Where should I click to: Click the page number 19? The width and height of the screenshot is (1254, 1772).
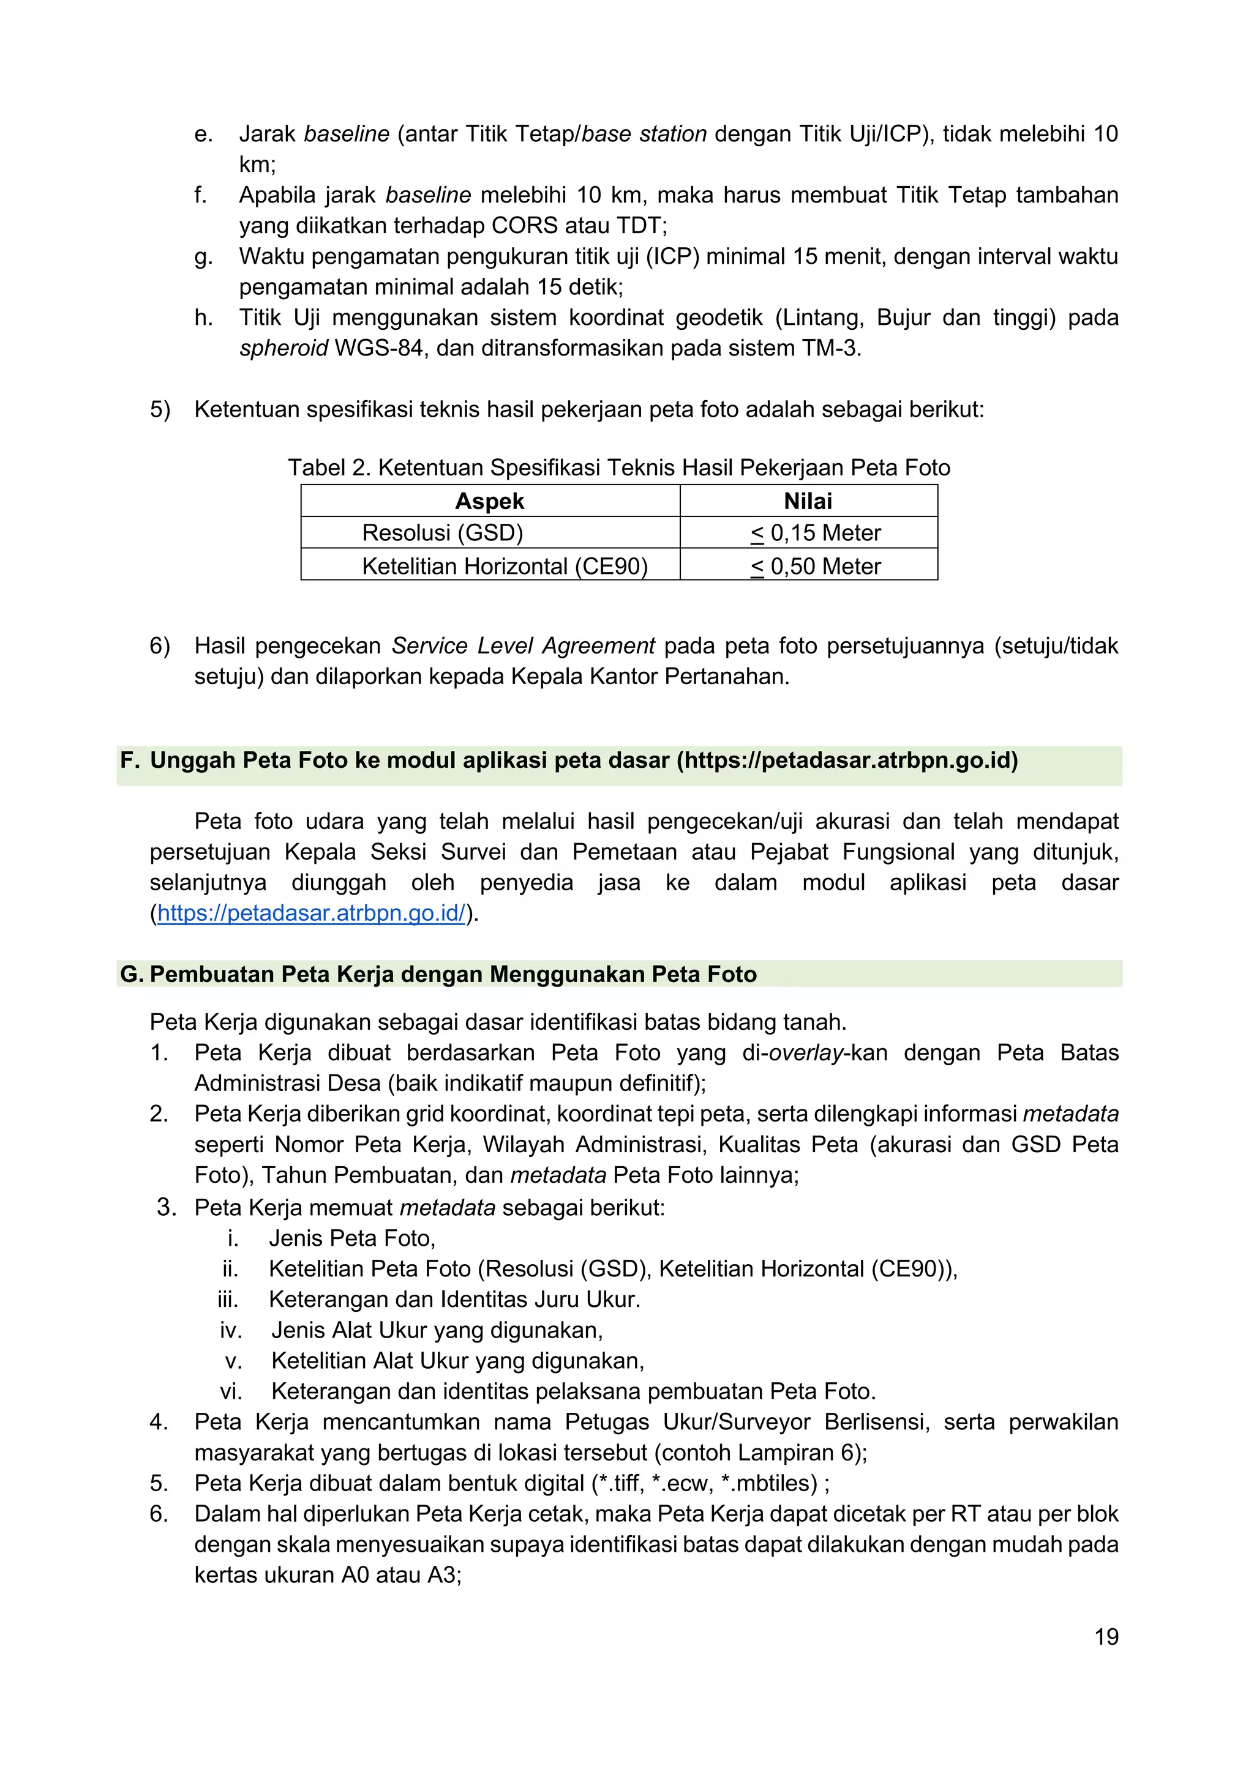pos(1106,1636)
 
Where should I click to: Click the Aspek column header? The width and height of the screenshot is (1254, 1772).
pos(490,501)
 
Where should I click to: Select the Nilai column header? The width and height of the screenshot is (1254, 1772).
pos(808,501)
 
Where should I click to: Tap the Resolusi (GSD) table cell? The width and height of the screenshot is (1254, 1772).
pos(443,532)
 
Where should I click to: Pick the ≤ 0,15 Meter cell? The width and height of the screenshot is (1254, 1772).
pos(816,532)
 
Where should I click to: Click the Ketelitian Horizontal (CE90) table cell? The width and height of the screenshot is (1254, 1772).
pos(504,566)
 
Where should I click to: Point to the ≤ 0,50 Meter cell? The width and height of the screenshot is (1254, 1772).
pos(816,566)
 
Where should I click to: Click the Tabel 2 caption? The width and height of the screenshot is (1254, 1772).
pos(618,467)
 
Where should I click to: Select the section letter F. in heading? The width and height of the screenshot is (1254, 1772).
pos(130,760)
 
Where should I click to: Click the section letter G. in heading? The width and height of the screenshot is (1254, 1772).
pos(131,974)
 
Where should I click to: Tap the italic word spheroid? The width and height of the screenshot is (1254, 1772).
pos(283,348)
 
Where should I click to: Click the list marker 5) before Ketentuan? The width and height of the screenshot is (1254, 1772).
pos(160,409)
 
